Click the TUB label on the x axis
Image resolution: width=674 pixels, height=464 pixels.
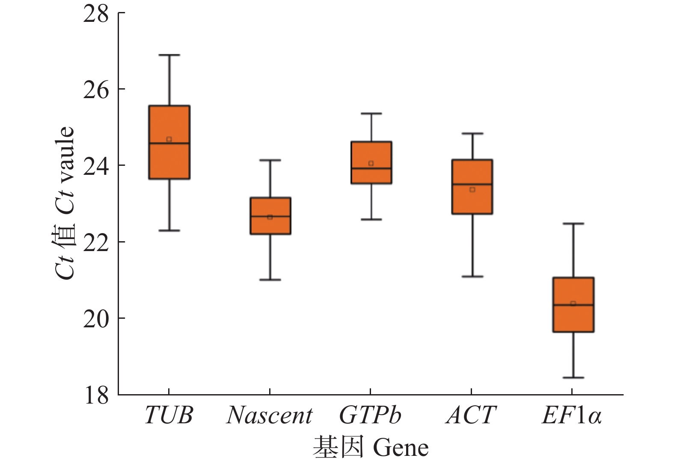pyautogui.click(x=169, y=415)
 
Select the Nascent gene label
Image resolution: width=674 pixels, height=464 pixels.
pyautogui.click(x=270, y=415)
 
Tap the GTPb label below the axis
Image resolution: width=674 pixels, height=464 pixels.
pyautogui.click(x=370, y=415)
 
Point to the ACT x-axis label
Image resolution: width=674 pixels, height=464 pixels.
pyautogui.click(x=471, y=415)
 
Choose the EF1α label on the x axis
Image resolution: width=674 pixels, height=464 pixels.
pyautogui.click(x=572, y=415)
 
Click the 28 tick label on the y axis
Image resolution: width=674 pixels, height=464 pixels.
pyautogui.click(x=96, y=14)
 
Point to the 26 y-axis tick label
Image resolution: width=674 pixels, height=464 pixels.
pyautogui.click(x=96, y=90)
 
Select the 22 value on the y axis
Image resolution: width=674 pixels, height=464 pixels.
pyautogui.click(x=96, y=242)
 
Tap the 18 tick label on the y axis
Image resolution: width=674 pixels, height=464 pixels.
pyautogui.click(x=96, y=395)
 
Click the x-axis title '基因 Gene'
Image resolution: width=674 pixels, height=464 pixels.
pyautogui.click(x=371, y=447)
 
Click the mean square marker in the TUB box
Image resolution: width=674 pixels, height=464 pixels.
pyautogui.click(x=169, y=139)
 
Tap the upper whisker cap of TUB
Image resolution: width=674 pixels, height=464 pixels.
pyautogui.click(x=169, y=55)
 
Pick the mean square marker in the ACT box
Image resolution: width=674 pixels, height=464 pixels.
pyautogui.click(x=472, y=189)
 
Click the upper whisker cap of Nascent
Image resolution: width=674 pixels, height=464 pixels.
pyautogui.click(x=270, y=160)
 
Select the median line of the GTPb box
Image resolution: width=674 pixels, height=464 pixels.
pyautogui.click(x=371, y=168)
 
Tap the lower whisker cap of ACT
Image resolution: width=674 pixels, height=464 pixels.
pyautogui.click(x=472, y=276)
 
